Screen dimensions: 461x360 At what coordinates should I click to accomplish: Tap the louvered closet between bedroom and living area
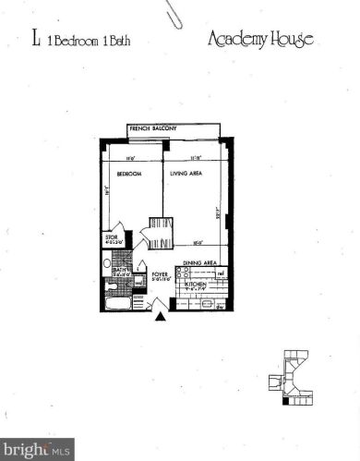pos(160,232)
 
